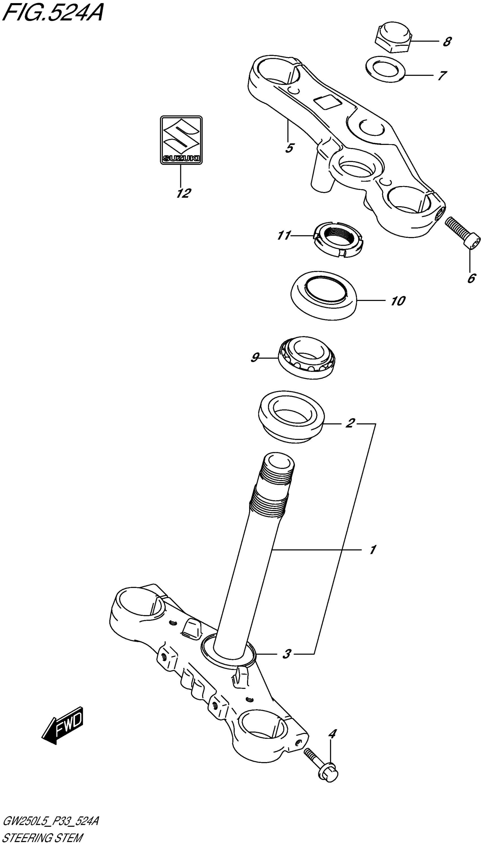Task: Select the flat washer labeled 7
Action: tap(386, 69)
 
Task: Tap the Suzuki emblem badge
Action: tap(181, 140)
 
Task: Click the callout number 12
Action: tap(184, 193)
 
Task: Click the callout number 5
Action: tap(289, 148)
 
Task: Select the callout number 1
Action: tap(372, 550)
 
